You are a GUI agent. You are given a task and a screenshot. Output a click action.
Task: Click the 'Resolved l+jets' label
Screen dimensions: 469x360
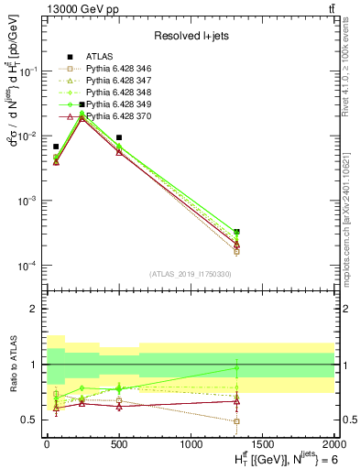(x=190, y=36)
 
